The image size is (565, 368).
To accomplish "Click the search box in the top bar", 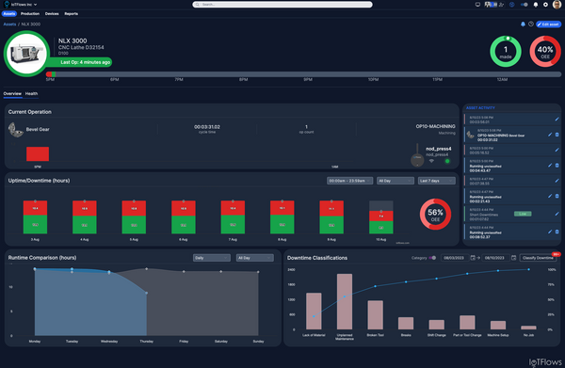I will click(282, 4).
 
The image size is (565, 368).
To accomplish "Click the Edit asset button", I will click(548, 24).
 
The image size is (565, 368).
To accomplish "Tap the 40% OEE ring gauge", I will click(543, 53).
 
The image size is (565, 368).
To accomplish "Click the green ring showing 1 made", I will click(507, 53).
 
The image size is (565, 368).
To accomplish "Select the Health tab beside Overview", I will click(31, 94).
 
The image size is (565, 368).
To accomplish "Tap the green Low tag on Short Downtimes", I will click(521, 214).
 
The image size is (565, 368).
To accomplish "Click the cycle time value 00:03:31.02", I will click(206, 126).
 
